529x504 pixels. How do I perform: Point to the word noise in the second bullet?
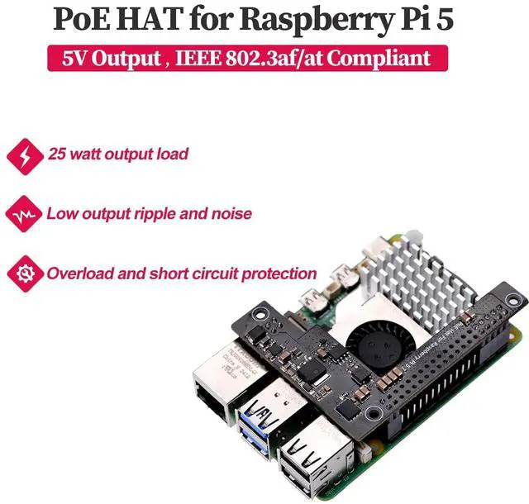tap(234, 214)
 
